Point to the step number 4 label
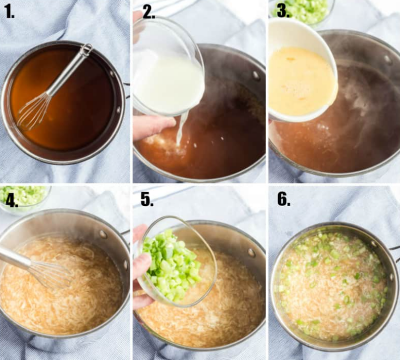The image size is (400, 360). click(x=10, y=198)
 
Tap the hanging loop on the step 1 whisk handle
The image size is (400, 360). click(x=86, y=49)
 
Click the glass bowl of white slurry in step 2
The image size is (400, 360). click(x=167, y=73)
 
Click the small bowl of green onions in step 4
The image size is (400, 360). click(x=23, y=197)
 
